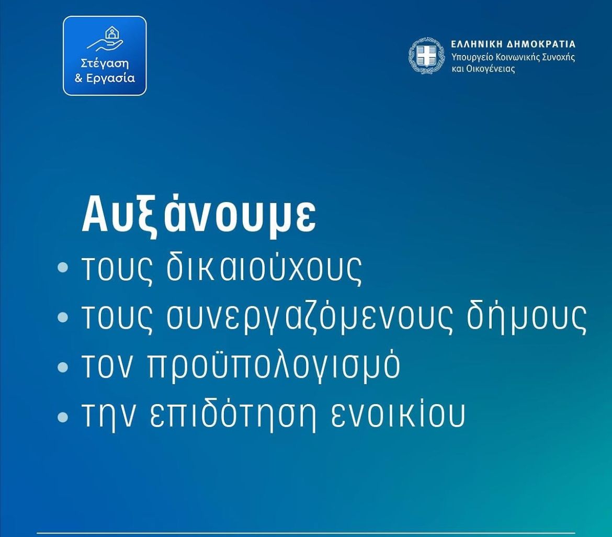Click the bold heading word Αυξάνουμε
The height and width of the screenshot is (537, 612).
click(199, 215)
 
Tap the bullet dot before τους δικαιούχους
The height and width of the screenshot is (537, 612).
click(63, 268)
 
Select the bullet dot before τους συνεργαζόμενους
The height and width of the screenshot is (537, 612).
click(63, 317)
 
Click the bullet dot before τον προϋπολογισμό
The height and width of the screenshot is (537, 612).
click(63, 367)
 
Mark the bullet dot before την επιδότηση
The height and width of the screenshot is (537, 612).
click(63, 417)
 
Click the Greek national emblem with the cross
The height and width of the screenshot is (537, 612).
click(426, 56)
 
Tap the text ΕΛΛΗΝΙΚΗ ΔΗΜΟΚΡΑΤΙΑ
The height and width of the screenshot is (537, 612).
click(513, 44)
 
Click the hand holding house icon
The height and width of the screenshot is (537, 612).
click(105, 39)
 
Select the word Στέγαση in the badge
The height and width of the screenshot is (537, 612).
click(105, 64)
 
